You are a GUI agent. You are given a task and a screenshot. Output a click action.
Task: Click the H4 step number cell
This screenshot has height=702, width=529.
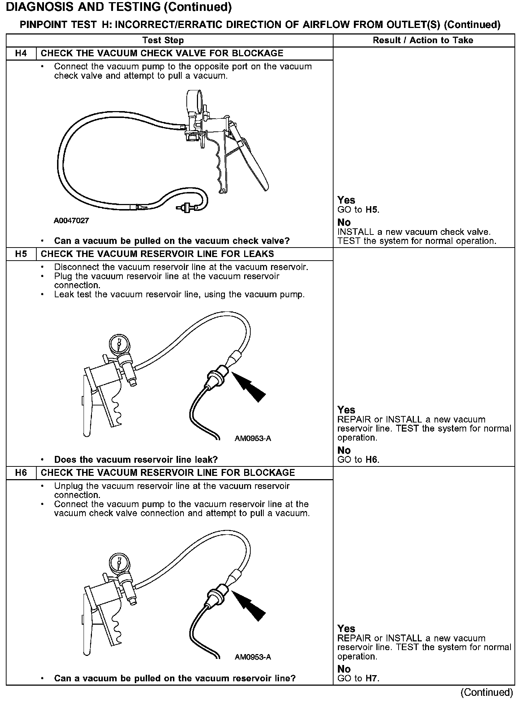click(21, 53)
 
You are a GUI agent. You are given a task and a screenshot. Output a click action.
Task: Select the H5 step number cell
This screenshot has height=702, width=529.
click(21, 254)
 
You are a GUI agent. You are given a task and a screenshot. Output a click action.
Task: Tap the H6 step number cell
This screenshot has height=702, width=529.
click(21, 473)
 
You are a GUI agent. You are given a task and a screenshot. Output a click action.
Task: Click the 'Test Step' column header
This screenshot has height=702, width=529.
click(163, 40)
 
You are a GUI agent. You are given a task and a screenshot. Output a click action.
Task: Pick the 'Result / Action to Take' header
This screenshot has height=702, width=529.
click(423, 40)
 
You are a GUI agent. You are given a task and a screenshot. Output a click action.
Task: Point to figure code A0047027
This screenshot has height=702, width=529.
click(71, 221)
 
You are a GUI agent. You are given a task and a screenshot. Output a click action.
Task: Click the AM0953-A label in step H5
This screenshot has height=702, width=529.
click(253, 438)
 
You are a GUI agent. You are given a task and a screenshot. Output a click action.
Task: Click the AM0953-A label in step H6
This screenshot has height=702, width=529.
click(253, 657)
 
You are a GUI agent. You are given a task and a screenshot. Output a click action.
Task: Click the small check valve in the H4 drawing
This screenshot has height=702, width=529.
click(187, 208)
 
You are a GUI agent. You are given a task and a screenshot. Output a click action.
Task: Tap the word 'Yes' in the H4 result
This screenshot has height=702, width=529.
click(346, 200)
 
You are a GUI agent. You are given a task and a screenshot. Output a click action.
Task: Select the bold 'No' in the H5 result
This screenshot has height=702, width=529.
click(344, 450)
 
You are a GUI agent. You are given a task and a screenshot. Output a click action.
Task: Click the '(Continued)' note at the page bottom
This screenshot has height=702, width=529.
click(486, 692)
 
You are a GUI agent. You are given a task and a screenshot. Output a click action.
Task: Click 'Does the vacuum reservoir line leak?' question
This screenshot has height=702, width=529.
click(136, 460)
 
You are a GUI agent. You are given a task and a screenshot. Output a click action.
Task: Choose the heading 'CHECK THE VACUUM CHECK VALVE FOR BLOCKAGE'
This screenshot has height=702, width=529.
click(162, 53)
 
